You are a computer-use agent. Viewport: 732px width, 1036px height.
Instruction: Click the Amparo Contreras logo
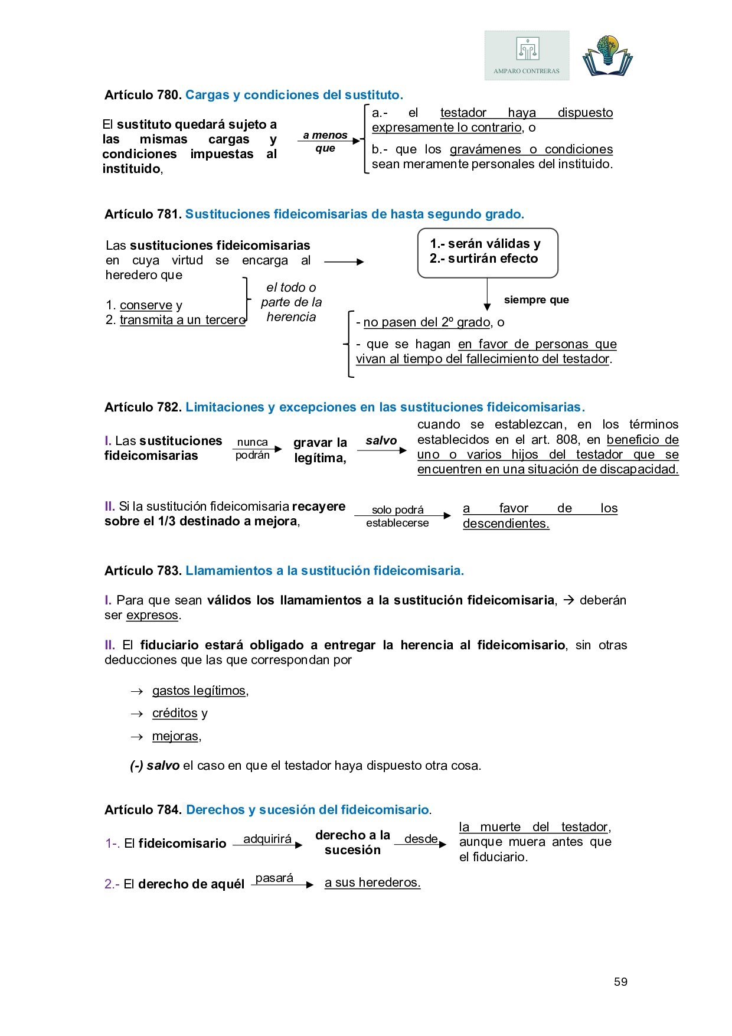click(x=527, y=55)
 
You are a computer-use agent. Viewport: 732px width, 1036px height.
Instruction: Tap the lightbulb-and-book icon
click(x=607, y=55)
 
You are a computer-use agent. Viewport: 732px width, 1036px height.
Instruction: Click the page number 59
click(x=620, y=982)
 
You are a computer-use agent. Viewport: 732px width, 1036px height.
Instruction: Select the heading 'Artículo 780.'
click(x=142, y=95)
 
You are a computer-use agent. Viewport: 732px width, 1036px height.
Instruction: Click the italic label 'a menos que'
click(x=325, y=142)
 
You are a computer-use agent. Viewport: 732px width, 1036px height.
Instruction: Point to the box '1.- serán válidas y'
click(x=485, y=244)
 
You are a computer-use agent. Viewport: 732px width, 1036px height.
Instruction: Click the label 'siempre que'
click(x=536, y=300)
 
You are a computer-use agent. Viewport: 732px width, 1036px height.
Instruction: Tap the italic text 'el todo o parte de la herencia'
click(x=291, y=302)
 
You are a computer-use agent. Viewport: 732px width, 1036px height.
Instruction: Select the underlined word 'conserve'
click(x=146, y=305)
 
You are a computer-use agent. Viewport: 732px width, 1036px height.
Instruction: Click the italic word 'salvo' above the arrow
click(x=381, y=440)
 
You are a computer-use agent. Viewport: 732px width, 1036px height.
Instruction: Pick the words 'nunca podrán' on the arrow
click(x=253, y=449)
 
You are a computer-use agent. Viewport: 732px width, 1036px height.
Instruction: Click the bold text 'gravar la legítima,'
click(x=320, y=450)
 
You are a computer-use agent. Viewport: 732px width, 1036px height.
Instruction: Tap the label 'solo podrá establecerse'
click(x=397, y=516)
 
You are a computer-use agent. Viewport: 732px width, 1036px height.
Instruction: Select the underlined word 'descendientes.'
click(x=506, y=524)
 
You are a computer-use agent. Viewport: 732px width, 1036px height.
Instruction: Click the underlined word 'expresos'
click(x=152, y=615)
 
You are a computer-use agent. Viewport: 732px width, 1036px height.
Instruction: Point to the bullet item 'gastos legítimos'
click(x=199, y=691)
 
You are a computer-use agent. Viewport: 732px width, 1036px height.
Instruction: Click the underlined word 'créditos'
click(x=175, y=713)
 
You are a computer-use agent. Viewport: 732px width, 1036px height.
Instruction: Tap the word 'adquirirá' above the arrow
click(x=267, y=839)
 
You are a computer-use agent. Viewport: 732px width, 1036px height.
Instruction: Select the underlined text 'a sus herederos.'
click(x=372, y=883)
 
